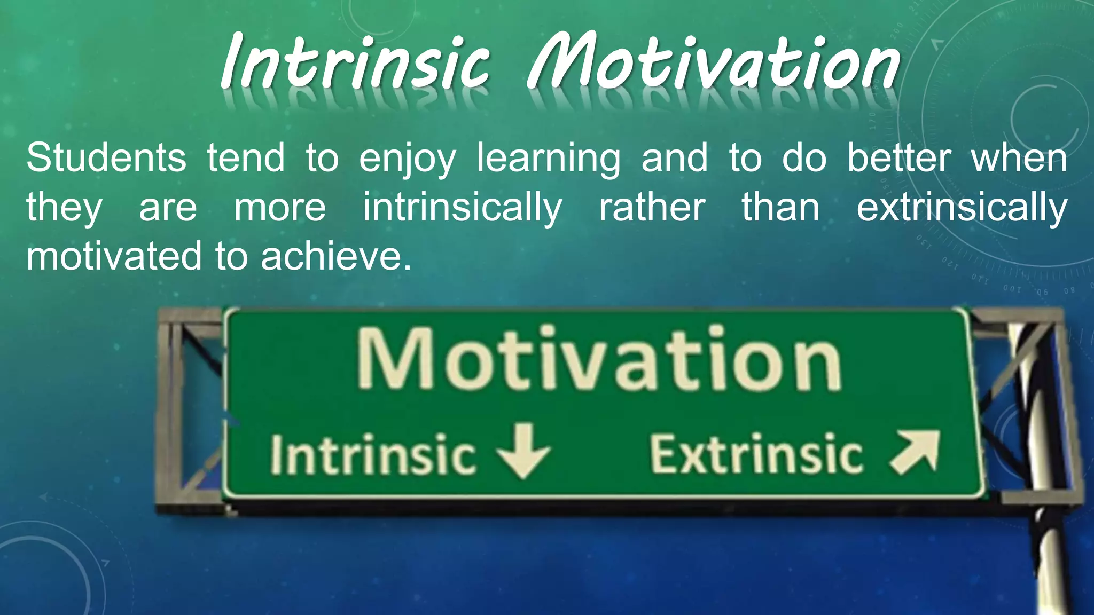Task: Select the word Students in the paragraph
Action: click(106, 158)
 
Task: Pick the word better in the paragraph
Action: click(899, 158)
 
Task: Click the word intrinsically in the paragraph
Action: click(463, 208)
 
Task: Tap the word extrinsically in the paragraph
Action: click(962, 208)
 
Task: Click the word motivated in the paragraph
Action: click(114, 256)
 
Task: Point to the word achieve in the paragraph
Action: click(336, 256)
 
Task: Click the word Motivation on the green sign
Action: click(598, 359)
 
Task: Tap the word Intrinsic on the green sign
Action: click(372, 454)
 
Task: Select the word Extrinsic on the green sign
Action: click(756, 454)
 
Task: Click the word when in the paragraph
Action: click(1019, 158)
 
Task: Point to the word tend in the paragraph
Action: click(246, 158)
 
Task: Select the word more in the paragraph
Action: click(280, 208)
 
